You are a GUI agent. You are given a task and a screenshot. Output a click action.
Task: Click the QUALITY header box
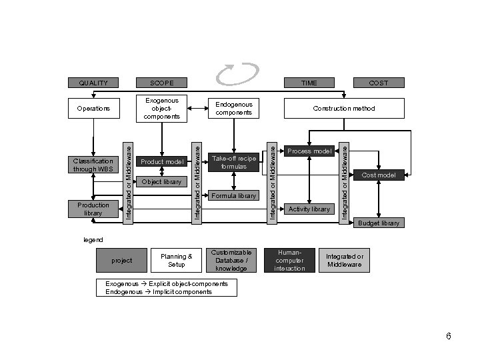[94, 83]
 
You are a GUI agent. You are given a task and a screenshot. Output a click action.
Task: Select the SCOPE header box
[162, 83]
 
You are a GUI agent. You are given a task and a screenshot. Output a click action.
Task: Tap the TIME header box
[309, 83]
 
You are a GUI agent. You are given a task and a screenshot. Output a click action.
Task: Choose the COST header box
[378, 83]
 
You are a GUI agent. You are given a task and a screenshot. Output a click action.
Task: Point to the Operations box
[94, 108]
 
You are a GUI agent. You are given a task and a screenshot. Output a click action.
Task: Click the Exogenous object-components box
[162, 109]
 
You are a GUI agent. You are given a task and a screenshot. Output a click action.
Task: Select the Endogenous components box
[234, 109]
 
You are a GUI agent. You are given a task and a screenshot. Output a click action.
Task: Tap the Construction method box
[345, 108]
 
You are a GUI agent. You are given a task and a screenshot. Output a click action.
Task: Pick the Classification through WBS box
[94, 165]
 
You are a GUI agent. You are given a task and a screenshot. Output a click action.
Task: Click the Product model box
[161, 162]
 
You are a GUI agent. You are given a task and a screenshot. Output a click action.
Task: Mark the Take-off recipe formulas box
[234, 162]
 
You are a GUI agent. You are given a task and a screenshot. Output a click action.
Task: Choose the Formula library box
[234, 196]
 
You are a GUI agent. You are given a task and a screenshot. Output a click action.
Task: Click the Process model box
[309, 151]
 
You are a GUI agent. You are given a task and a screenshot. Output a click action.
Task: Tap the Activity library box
[309, 209]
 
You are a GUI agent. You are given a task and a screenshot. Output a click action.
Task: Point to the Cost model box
[379, 175]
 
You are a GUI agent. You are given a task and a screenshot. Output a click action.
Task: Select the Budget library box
[379, 223]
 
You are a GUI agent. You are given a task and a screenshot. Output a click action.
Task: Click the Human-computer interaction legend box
[290, 260]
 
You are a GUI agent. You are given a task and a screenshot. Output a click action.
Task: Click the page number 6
[449, 336]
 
